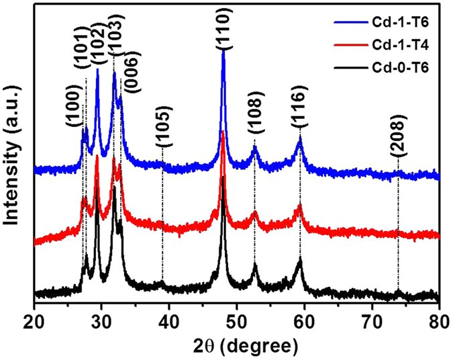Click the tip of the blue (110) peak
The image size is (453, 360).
[x=223, y=51]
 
